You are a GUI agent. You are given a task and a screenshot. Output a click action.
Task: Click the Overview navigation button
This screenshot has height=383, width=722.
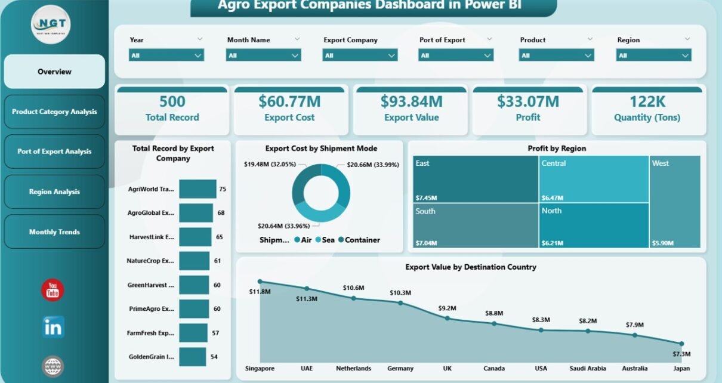(x=54, y=72)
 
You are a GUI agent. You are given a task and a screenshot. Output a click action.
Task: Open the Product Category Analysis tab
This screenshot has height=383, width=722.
(x=54, y=112)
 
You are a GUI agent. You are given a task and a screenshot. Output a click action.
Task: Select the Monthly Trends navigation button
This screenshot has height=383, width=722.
(x=54, y=231)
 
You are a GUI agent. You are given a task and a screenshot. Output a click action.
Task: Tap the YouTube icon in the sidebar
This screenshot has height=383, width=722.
(x=53, y=290)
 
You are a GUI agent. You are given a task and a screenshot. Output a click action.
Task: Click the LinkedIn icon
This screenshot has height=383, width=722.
(x=53, y=327)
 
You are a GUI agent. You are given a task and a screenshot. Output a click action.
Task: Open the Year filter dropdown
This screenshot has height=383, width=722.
(x=166, y=55)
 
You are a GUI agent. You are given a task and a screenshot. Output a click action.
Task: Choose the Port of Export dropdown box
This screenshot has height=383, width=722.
(x=456, y=55)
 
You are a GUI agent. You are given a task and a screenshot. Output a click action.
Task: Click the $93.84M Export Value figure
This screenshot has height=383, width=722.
(x=411, y=101)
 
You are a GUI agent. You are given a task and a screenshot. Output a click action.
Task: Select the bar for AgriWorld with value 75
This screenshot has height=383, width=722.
(x=198, y=189)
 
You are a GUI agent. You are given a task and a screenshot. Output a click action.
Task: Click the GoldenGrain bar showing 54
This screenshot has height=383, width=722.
(x=193, y=357)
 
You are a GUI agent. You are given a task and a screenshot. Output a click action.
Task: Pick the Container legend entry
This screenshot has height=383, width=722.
(x=359, y=240)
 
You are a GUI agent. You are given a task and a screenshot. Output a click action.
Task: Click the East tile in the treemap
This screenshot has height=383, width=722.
(x=476, y=179)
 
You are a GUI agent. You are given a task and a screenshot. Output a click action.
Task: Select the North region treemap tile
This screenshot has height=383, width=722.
(x=593, y=226)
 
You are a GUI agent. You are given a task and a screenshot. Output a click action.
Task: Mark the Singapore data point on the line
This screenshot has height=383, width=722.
(x=260, y=281)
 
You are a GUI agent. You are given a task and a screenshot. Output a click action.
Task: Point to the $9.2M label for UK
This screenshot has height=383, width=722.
(x=447, y=308)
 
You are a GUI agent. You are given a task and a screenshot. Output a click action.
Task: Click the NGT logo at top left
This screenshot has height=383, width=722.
(x=51, y=24)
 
